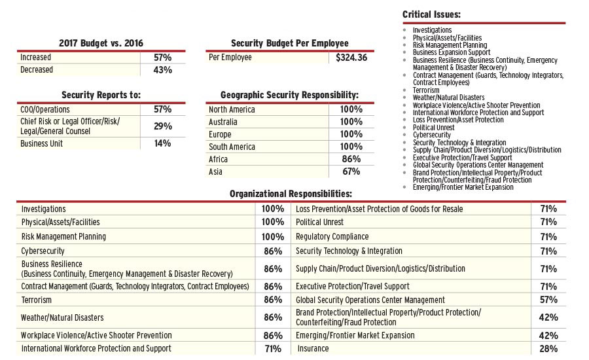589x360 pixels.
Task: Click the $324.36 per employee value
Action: coord(351,58)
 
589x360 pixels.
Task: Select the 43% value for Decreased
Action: coord(162,70)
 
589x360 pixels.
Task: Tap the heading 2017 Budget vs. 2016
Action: coord(101,43)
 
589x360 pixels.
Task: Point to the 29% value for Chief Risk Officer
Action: coord(162,126)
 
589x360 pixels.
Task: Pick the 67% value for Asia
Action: coord(351,171)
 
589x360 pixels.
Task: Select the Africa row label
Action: coord(219,159)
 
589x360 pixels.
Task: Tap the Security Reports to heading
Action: coord(101,95)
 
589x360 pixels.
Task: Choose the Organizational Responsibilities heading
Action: coord(291,194)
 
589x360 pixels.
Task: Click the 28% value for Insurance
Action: coord(548,349)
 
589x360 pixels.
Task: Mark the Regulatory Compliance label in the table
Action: coord(332,236)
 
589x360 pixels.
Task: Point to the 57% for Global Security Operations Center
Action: coord(548,300)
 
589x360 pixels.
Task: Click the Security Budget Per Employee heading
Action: coord(289,43)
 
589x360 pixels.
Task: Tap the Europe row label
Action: coord(221,134)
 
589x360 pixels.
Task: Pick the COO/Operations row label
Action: coord(45,109)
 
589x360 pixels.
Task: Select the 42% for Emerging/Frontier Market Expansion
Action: coord(548,335)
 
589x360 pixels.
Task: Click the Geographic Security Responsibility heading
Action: coord(289,95)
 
